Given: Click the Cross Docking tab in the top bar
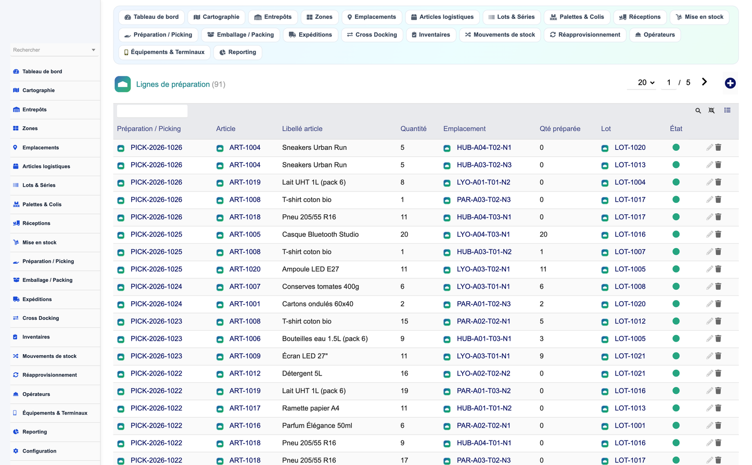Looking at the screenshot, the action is [x=372, y=34].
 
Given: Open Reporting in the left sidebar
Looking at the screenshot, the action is [x=34, y=431].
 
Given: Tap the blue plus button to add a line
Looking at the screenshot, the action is [x=730, y=83].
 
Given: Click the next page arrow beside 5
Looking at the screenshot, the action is [x=704, y=82].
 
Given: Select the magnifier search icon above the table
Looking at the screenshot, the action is [x=698, y=110].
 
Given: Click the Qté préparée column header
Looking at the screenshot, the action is [x=559, y=128].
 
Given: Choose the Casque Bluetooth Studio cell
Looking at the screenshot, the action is [x=320, y=234].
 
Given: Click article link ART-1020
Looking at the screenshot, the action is [x=245, y=269].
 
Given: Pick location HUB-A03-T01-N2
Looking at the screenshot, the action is [x=484, y=252].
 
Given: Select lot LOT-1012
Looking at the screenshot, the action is [x=630, y=321].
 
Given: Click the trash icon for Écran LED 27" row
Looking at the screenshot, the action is [x=718, y=356].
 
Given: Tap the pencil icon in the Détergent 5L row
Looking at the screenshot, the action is [x=709, y=373].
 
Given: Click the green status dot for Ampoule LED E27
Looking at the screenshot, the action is [x=676, y=269].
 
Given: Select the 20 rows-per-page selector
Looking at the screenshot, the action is [x=646, y=83].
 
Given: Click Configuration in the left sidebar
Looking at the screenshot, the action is [x=39, y=450].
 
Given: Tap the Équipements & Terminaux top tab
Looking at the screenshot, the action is [x=164, y=52].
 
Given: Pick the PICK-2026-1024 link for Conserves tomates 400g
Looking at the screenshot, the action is [x=156, y=287].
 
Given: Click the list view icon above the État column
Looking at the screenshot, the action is [x=727, y=110].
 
